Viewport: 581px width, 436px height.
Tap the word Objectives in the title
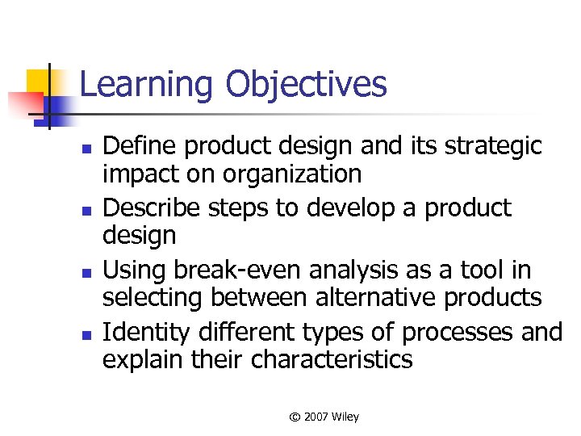pos(306,85)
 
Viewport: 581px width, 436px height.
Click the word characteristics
pos(332,358)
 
